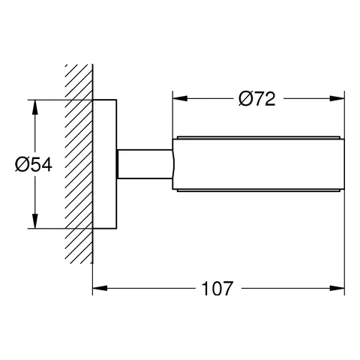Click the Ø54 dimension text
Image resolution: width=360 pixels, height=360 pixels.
coord(32,163)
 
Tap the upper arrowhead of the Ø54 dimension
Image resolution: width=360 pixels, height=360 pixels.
coord(34,103)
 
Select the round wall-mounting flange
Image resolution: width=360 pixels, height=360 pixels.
coord(104,163)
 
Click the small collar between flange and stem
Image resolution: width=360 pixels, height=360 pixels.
coord(119,163)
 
